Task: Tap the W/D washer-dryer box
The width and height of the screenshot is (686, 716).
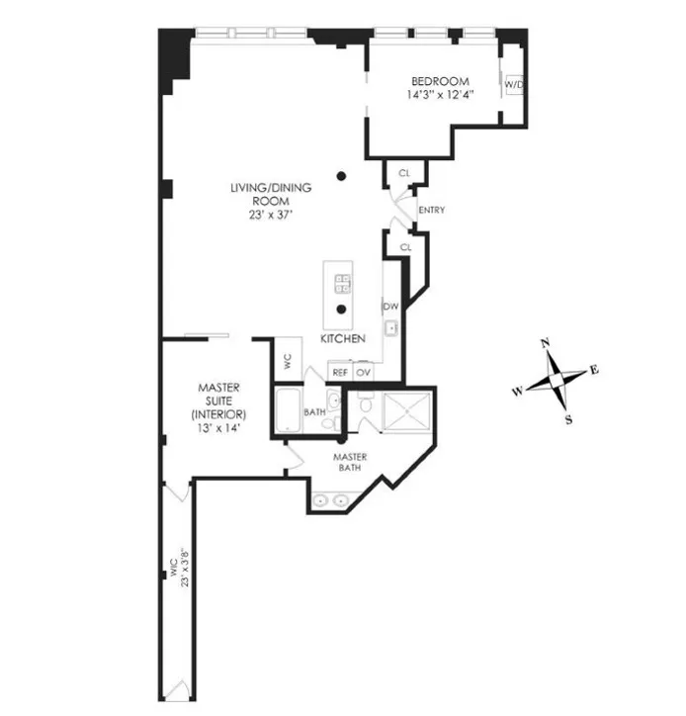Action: click(x=513, y=86)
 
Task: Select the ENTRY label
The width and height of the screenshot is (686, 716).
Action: click(x=431, y=211)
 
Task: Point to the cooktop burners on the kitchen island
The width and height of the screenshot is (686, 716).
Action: click(x=341, y=284)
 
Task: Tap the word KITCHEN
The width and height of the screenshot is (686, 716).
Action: click(x=342, y=339)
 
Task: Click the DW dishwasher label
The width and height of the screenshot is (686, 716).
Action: click(x=390, y=307)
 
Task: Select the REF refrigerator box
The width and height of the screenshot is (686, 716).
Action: click(x=339, y=373)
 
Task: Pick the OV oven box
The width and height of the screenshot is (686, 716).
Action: click(x=363, y=373)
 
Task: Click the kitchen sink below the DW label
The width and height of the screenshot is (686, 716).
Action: click(x=391, y=327)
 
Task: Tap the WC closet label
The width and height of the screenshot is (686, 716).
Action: click(x=287, y=361)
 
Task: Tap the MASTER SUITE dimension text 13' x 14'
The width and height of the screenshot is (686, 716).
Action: click(x=218, y=430)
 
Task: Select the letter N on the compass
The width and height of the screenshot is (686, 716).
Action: click(x=544, y=343)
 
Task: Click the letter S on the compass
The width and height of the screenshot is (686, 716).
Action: click(x=569, y=418)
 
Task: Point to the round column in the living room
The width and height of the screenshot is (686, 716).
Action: click(x=341, y=177)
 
